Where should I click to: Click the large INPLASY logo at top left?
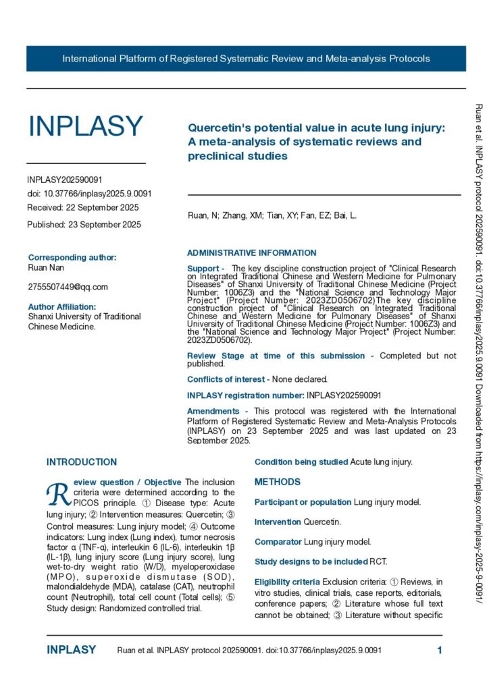85,126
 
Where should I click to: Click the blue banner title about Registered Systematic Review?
246,59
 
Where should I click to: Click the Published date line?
84,224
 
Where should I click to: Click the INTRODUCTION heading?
81,462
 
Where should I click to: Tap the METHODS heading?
277,482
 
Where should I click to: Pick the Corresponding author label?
72,257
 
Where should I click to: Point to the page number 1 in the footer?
439,651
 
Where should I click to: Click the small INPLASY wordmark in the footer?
71,651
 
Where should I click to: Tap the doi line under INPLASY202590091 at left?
89,194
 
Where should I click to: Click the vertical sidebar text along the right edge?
478,351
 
